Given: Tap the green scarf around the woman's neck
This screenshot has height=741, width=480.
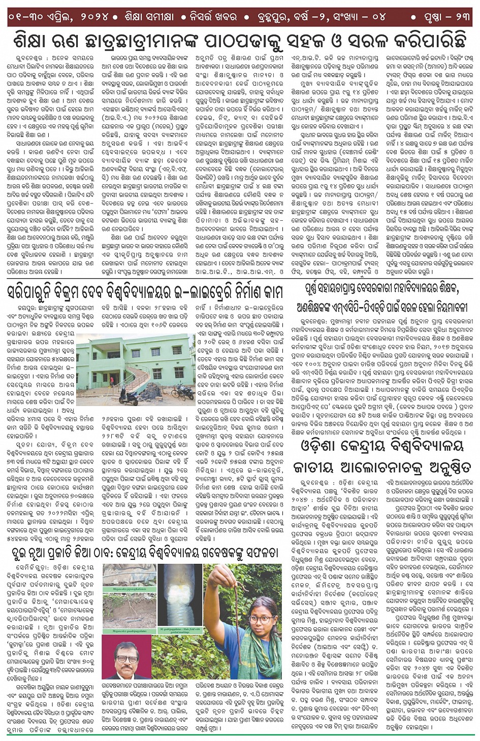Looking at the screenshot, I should [254, 655].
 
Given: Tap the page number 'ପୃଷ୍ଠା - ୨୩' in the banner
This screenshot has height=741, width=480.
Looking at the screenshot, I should [447, 16].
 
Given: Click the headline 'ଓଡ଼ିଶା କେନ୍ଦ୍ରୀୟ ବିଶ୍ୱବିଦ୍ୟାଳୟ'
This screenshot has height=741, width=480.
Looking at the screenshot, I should [381, 445].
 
